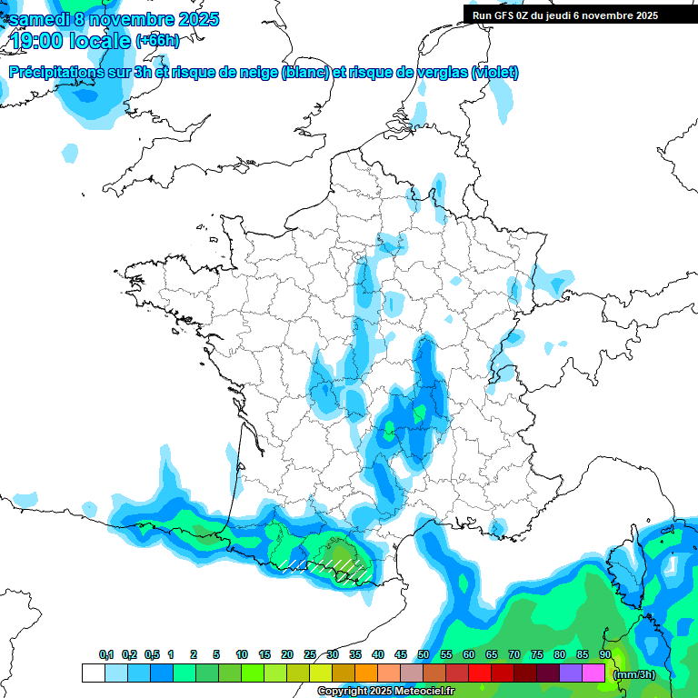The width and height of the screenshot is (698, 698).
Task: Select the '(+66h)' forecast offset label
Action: [157, 41]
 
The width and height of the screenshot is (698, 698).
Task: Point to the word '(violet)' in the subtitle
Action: [495, 73]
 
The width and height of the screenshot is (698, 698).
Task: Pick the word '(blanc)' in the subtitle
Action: [305, 73]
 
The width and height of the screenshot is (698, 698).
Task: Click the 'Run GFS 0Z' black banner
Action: [566, 15]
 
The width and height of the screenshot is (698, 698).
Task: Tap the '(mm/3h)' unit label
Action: [634, 674]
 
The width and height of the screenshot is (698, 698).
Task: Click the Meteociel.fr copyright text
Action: [386, 692]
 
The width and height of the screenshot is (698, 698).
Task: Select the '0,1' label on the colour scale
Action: [106, 654]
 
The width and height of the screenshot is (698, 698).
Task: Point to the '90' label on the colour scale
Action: [605, 654]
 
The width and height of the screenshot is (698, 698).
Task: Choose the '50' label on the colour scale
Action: [424, 654]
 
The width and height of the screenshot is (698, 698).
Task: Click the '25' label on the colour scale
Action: [310, 654]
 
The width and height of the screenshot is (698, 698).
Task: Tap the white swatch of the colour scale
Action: [93, 673]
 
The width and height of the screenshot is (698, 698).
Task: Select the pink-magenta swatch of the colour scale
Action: [593, 673]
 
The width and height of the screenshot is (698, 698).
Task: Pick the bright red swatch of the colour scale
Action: [480, 673]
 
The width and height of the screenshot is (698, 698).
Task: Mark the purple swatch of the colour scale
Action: [571, 673]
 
